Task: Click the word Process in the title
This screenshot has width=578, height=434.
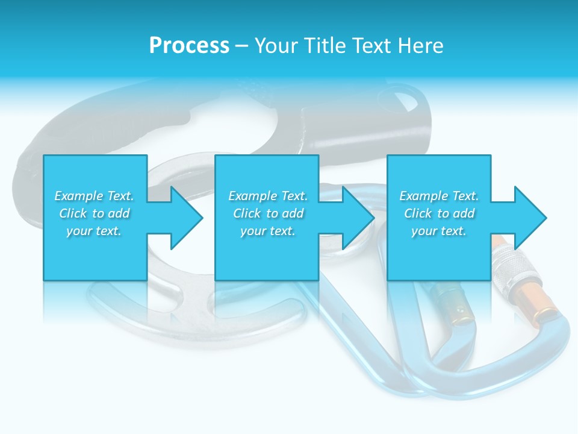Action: coord(189,46)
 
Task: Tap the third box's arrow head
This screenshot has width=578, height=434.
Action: coord(529,218)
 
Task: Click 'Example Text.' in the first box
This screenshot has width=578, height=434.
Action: coord(94,196)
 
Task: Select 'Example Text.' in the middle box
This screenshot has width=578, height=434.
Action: coord(268,196)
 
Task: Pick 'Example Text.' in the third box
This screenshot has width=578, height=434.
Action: coord(439,196)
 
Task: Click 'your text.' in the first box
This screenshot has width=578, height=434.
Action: coord(94,231)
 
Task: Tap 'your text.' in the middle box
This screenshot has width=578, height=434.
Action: coord(268,231)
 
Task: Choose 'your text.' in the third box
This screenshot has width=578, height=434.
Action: coord(439,231)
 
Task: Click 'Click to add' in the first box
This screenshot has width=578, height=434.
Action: coord(94,213)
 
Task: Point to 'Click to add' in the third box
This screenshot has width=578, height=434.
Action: coord(439,213)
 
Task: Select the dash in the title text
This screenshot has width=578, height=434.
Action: coord(241,46)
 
